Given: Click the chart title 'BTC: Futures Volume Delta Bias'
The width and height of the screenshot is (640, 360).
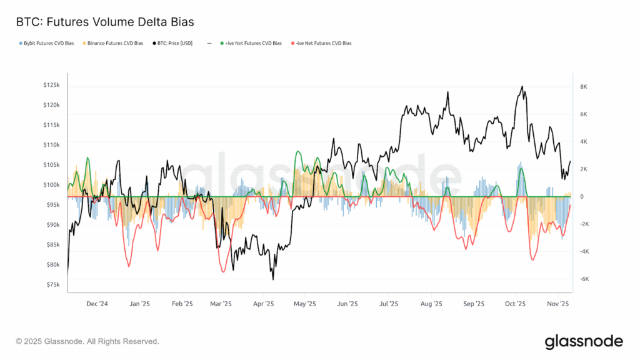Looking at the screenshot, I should (x=105, y=22).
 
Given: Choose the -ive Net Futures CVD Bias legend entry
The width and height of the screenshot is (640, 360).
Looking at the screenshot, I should (x=323, y=44).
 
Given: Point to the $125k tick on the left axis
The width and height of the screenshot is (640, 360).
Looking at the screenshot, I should (x=51, y=85).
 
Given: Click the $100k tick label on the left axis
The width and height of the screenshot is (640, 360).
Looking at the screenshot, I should (x=51, y=185).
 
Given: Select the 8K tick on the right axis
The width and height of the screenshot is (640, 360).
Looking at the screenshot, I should (x=584, y=87).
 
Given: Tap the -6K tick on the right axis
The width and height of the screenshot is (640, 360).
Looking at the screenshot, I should (x=584, y=279).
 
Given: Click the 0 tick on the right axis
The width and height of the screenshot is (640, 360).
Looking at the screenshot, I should (x=582, y=197).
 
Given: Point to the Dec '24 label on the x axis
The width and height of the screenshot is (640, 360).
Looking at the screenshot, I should (x=97, y=304).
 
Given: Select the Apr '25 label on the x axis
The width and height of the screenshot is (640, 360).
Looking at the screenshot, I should (x=264, y=304).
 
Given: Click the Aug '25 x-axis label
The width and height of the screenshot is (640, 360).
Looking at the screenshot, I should (x=431, y=304).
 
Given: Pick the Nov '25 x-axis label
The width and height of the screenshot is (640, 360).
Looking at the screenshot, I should (x=557, y=304).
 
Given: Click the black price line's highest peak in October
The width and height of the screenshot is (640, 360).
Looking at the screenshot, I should (x=522, y=87).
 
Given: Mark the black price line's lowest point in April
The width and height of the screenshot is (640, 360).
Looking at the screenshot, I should (x=274, y=279).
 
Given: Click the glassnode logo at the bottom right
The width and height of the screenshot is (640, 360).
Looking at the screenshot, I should (x=584, y=341).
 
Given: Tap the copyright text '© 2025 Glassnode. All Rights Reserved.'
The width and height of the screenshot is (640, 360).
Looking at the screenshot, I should (x=87, y=341).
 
